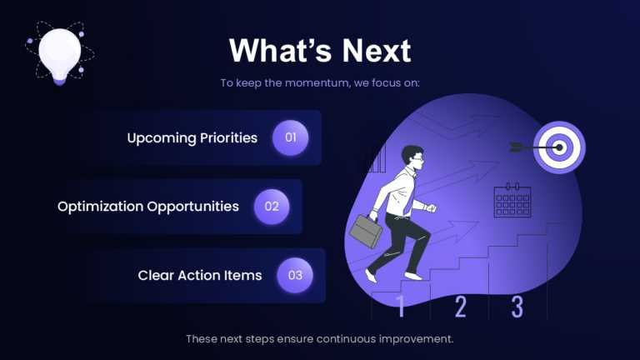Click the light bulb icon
coord(59,52)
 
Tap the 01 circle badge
coord(291,137)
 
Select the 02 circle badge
coord(272,206)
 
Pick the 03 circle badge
coord(295,275)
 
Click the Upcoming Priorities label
coord(192,137)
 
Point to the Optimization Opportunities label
coord(148,206)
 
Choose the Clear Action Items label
coord(200,275)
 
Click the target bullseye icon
coord(559,147)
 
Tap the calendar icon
coord(512,201)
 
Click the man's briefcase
coord(363,231)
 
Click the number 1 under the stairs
coord(400,307)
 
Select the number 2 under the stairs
coord(460,307)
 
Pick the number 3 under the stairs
coord(517,307)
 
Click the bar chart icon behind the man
coord(374,158)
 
